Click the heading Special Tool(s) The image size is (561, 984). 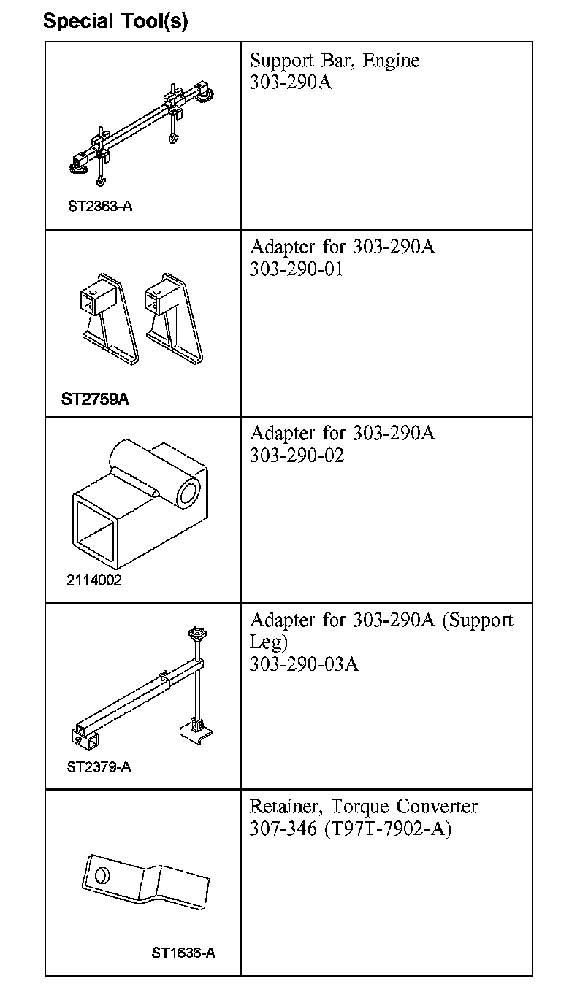pos(115,21)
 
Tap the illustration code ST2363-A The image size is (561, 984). pos(100,206)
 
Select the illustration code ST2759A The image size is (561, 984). pos(95,399)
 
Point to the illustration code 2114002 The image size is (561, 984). pos(93,580)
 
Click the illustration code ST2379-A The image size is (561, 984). pos(99,767)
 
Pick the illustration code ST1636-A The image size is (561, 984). pos(183,953)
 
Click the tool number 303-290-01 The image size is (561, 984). pos(297,269)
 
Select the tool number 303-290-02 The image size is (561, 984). pos(297,456)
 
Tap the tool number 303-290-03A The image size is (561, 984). pos(305,664)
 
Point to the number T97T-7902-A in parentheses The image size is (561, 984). pos(388,829)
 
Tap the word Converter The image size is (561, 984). pos(437,807)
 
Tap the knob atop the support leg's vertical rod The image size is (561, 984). pos(196,634)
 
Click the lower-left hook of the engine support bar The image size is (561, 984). pos(101,179)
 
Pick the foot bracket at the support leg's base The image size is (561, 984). pos(196,731)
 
